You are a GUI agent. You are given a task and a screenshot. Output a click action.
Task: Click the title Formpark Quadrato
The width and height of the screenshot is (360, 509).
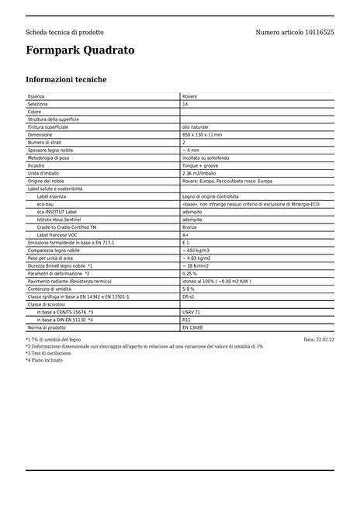[x=80, y=50]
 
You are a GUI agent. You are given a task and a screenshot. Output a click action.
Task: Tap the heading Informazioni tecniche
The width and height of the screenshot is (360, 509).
[x=66, y=80]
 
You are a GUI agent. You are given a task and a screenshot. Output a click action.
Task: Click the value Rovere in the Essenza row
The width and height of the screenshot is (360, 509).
[x=189, y=96]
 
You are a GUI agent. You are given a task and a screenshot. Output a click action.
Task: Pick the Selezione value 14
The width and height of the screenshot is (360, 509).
[x=185, y=104]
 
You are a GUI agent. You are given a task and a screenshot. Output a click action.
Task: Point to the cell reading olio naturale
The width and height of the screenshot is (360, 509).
[x=195, y=127]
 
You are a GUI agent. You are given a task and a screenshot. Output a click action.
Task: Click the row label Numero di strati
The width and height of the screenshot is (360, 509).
[x=47, y=143]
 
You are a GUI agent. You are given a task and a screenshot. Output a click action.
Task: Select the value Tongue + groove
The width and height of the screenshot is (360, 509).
[x=200, y=165]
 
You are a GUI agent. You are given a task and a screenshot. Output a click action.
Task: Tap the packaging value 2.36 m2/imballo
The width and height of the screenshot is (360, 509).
[x=199, y=173]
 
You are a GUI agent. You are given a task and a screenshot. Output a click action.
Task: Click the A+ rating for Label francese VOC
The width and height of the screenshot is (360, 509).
[x=186, y=235]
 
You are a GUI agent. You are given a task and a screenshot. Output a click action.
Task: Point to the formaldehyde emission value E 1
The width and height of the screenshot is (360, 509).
[x=186, y=243]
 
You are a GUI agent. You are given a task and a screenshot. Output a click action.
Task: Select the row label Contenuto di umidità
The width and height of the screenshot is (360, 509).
[x=51, y=289]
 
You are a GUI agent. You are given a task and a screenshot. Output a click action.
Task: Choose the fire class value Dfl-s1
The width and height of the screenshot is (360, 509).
[x=189, y=296]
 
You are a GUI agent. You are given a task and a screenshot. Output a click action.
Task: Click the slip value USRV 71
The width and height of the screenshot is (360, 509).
[x=192, y=312]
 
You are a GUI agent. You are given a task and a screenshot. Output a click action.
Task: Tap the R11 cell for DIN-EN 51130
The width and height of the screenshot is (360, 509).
[x=186, y=320]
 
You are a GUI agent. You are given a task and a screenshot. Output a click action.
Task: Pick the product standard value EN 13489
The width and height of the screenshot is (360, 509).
[x=192, y=327]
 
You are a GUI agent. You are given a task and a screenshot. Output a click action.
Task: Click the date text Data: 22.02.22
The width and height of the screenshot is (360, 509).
[x=318, y=340]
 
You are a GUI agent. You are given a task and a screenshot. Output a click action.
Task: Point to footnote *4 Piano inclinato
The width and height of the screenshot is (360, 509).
[x=44, y=361]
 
